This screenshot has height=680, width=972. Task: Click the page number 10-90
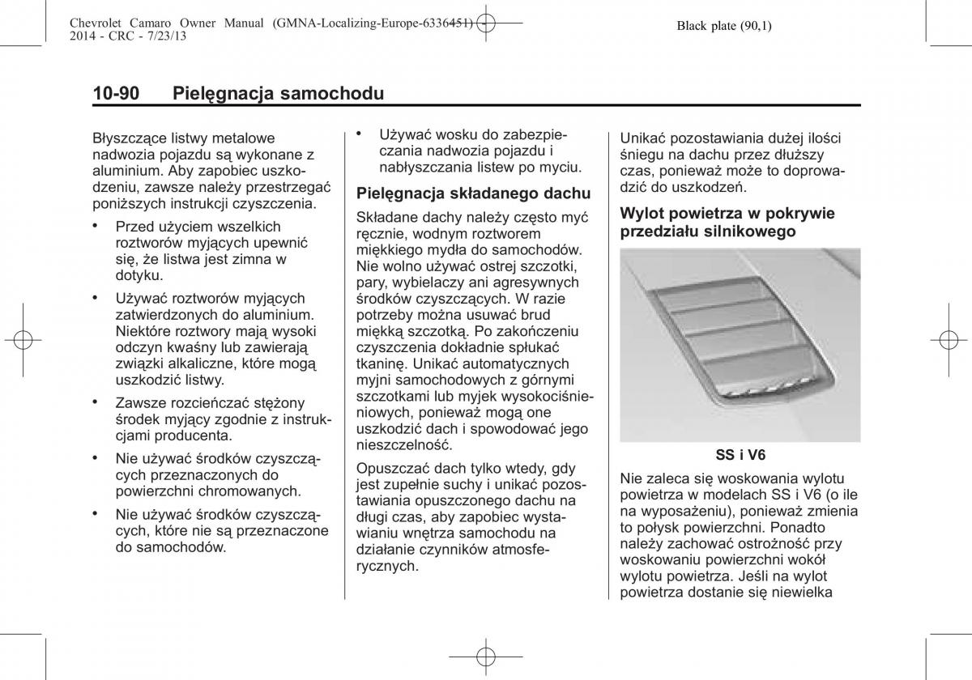pyautogui.click(x=116, y=94)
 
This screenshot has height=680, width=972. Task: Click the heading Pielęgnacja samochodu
pyautogui.click(x=278, y=94)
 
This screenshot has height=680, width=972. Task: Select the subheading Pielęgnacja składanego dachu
pyautogui.click(x=474, y=193)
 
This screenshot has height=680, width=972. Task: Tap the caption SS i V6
pyautogui.click(x=740, y=456)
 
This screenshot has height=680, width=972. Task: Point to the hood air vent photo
pyautogui.click(x=740, y=344)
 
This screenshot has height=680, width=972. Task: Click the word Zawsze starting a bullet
pyautogui.click(x=143, y=402)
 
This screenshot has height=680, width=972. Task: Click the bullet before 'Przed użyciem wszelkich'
pyautogui.click(x=96, y=226)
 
